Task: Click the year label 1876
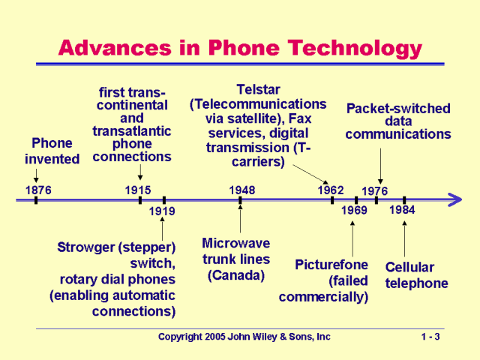[x=38, y=190]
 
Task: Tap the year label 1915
[x=138, y=190]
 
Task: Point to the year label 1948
[x=241, y=190]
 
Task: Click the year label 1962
[x=330, y=190]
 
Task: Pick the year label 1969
[x=354, y=210]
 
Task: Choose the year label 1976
[x=375, y=191]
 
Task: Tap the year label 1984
[x=402, y=209]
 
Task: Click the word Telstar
[x=259, y=89]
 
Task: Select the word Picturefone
[x=331, y=265]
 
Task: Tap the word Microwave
[x=236, y=244]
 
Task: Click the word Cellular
[x=409, y=267]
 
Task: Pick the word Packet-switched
[x=398, y=108]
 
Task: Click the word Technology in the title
[x=346, y=49]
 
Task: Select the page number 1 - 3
[x=430, y=337]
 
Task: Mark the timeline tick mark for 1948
[x=240, y=200]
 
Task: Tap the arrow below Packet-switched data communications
[x=380, y=165]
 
